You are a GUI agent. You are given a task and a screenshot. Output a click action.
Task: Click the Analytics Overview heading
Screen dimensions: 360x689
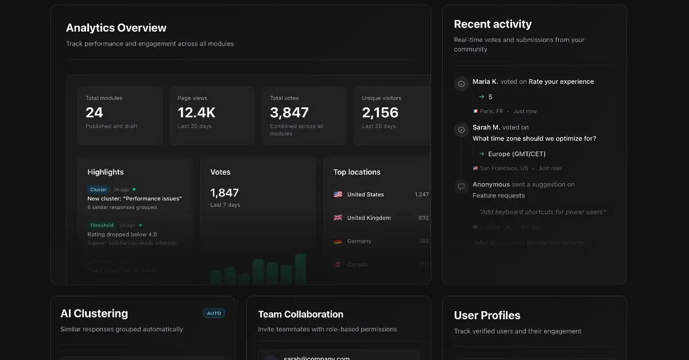pos(116,28)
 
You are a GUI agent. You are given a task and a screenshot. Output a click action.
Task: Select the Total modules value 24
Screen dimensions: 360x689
pos(94,113)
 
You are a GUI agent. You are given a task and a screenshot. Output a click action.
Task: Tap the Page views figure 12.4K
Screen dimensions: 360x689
pos(196,113)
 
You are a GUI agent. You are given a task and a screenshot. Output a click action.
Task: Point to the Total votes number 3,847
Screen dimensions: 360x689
pos(289,113)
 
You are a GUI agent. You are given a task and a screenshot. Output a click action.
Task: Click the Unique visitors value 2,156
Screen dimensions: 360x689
pos(380,113)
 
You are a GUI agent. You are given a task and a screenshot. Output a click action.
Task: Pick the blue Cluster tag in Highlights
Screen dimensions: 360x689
pos(98,189)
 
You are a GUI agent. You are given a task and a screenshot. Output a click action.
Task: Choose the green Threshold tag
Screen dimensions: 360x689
pos(102,226)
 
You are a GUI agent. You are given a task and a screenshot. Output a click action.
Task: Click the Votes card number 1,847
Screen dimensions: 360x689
pos(224,193)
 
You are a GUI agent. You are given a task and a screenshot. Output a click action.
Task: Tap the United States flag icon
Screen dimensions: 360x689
pos(338,195)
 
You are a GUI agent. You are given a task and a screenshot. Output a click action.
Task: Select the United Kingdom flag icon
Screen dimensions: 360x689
pos(338,218)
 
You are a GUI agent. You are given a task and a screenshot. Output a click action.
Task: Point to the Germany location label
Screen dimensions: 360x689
pos(359,242)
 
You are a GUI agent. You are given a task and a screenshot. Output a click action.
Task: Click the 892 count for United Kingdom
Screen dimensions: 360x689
pos(424,218)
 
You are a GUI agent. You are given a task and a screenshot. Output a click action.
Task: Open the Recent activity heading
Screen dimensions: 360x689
pos(493,24)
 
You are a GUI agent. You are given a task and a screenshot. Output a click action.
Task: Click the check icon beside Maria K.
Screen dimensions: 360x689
pos(461,84)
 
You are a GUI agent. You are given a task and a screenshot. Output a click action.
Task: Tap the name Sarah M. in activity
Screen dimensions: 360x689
pos(486,127)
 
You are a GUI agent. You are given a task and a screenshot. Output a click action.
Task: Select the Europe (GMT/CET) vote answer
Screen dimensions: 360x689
pos(517,154)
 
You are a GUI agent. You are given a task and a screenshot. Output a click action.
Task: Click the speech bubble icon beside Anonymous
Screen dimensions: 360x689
pos(461,187)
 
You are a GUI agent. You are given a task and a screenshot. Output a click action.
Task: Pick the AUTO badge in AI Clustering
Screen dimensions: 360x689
pos(214,313)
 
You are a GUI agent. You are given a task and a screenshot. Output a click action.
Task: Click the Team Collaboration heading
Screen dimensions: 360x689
pos(300,315)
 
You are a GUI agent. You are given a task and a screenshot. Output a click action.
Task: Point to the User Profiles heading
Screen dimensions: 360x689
pos(487,315)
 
